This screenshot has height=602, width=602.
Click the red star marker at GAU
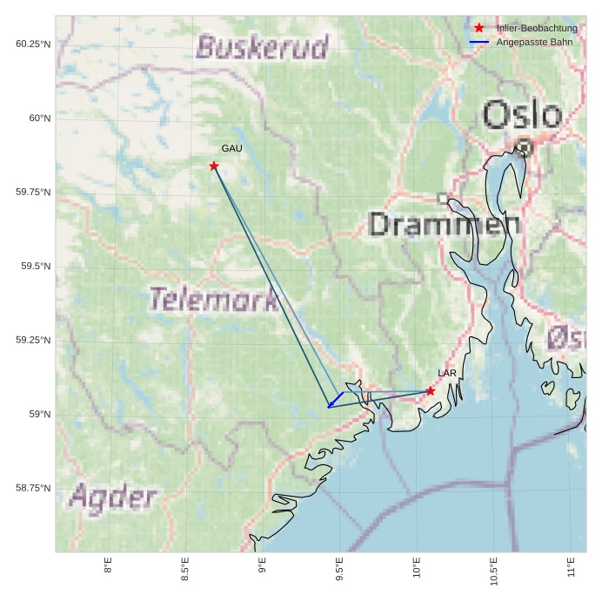[214, 166]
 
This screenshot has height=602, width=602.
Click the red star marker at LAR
[431, 391]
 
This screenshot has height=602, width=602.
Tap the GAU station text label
[231, 149]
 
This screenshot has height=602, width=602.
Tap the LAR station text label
[447, 374]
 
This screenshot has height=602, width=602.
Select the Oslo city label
[522, 115]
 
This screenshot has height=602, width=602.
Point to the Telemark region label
[214, 300]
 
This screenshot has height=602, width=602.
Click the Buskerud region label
[263, 47]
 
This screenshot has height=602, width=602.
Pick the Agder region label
[113, 498]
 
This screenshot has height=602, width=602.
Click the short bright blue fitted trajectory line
[335, 400]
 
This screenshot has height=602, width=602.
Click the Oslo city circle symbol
[523, 146]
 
